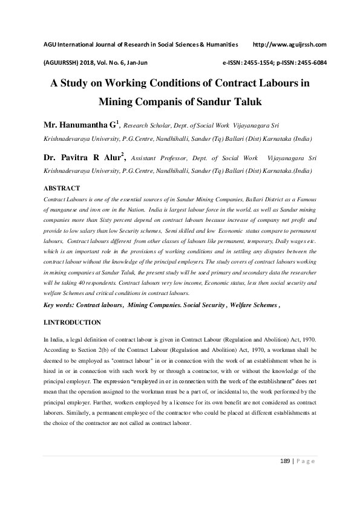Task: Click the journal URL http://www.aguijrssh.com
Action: coord(289,44)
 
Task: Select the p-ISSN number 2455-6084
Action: coord(310,62)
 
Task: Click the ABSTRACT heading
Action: coord(62,189)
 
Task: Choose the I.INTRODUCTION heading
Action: coord(71,322)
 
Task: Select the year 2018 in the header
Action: coord(87,62)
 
